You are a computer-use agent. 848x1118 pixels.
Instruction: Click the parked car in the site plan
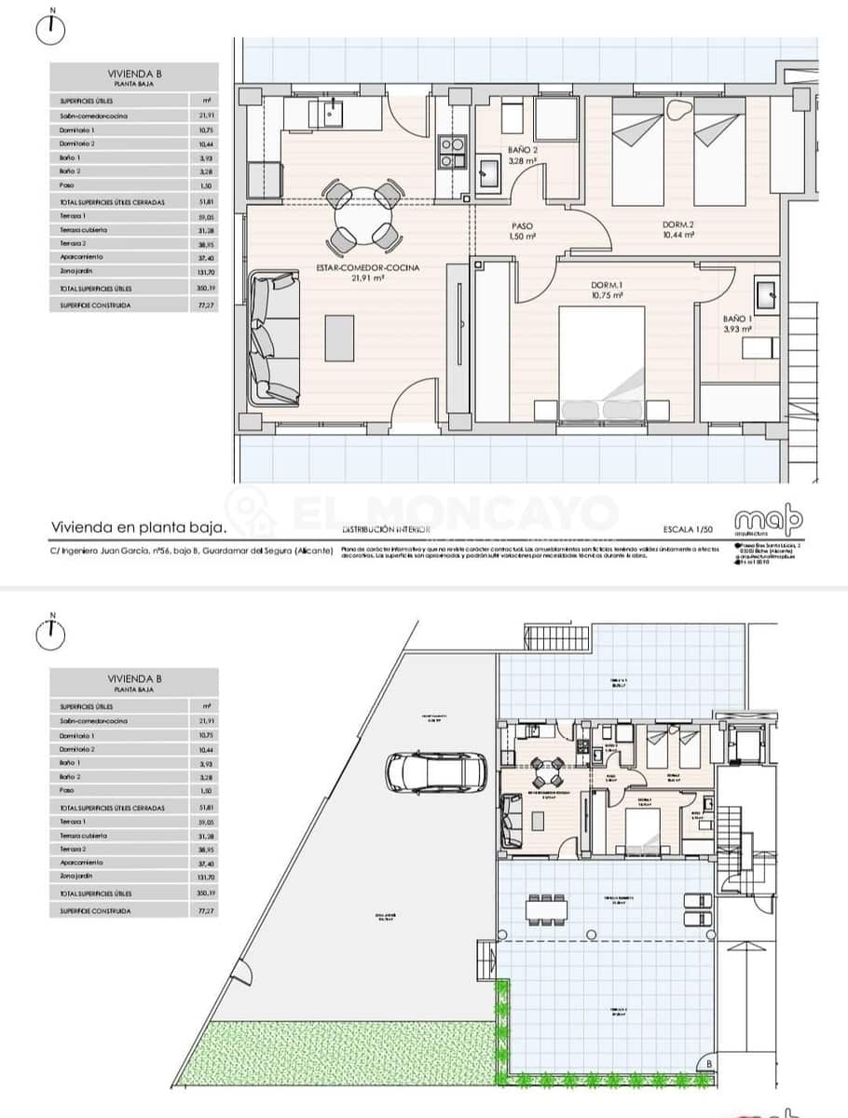(436, 772)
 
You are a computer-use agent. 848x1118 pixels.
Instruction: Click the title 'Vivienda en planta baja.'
(139, 527)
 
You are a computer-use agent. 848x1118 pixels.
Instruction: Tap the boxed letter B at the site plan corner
(709, 1060)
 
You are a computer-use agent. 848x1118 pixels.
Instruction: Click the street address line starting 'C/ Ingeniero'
(191, 551)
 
